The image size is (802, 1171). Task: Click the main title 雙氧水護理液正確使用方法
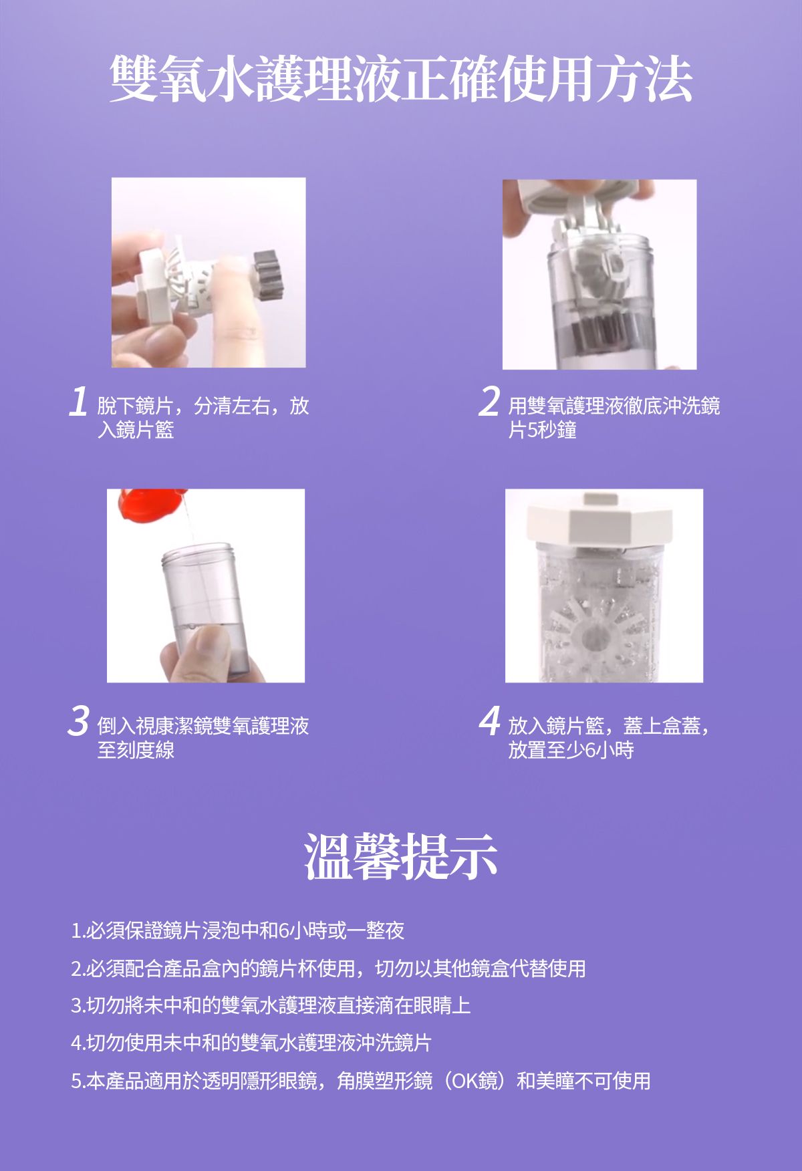coord(401,79)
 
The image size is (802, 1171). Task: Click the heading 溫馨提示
coord(401,856)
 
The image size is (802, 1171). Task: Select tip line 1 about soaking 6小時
coord(238,930)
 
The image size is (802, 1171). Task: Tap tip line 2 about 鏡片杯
coord(328,968)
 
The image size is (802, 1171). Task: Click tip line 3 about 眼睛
coord(271,1005)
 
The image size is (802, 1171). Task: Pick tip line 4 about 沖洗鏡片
coord(251,1043)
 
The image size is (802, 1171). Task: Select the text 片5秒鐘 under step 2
coord(542,430)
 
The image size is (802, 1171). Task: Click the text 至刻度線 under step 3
coord(136,749)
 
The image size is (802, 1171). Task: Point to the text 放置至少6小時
coord(571,749)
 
